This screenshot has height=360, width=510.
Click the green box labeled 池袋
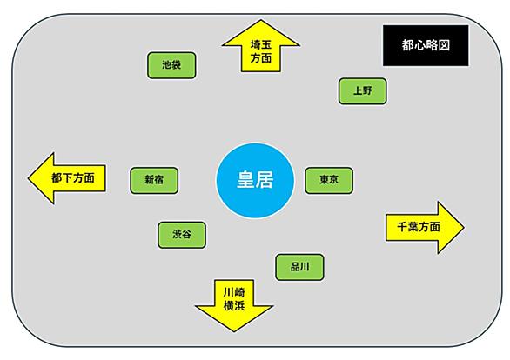(171, 65)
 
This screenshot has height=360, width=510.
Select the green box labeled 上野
(363, 91)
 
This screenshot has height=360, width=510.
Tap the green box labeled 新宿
(154, 181)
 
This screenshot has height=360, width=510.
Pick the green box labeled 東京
(329, 181)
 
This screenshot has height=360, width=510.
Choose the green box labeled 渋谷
(182, 236)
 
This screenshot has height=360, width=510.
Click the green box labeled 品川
(299, 268)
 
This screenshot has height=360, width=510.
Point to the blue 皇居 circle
(255, 181)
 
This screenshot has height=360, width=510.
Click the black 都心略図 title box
(426, 45)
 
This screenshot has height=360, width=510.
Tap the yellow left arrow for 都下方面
(67, 178)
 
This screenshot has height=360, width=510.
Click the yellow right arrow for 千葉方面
(425, 228)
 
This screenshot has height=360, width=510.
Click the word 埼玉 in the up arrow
(260, 44)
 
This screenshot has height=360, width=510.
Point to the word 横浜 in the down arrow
(234, 306)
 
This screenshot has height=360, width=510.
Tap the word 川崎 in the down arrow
(234, 292)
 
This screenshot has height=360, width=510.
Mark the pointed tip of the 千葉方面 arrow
(464, 228)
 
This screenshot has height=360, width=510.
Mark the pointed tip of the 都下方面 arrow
(29, 178)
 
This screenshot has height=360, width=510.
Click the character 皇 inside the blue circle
(245, 180)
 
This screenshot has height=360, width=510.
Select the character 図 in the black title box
(444, 45)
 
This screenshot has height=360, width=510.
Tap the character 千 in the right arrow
(403, 227)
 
